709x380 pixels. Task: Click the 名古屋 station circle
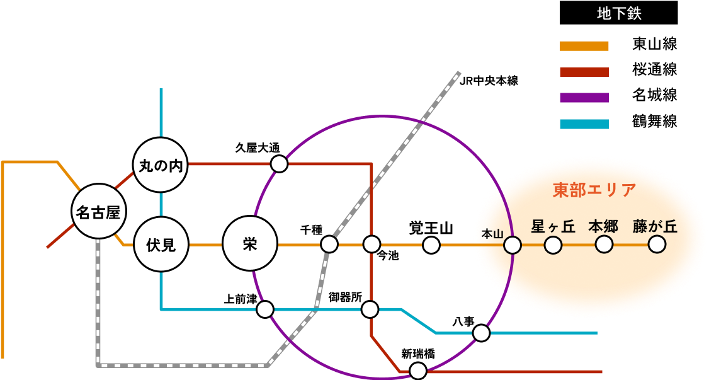[x=98, y=212]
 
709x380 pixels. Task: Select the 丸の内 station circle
[x=161, y=166]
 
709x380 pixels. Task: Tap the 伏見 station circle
[x=161, y=245]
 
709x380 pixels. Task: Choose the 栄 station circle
[x=250, y=245]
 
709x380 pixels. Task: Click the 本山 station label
[x=492, y=234]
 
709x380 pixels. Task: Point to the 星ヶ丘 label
[x=553, y=226]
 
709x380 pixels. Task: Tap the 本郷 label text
[x=603, y=226]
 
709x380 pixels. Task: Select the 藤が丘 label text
[x=655, y=226]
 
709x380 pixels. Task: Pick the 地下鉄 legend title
[x=619, y=14]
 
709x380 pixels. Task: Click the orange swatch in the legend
[x=584, y=46]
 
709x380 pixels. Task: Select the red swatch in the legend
[x=584, y=72]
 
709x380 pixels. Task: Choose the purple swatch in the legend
[x=584, y=98]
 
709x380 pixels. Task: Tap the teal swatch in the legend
[x=584, y=124]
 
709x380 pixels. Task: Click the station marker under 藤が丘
[x=657, y=245]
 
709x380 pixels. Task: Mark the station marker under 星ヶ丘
[x=553, y=245]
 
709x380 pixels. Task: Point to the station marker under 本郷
[x=604, y=245]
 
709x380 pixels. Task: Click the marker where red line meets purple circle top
[x=279, y=164]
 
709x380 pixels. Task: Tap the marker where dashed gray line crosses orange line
[x=329, y=245]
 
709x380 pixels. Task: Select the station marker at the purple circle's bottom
[x=418, y=371]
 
